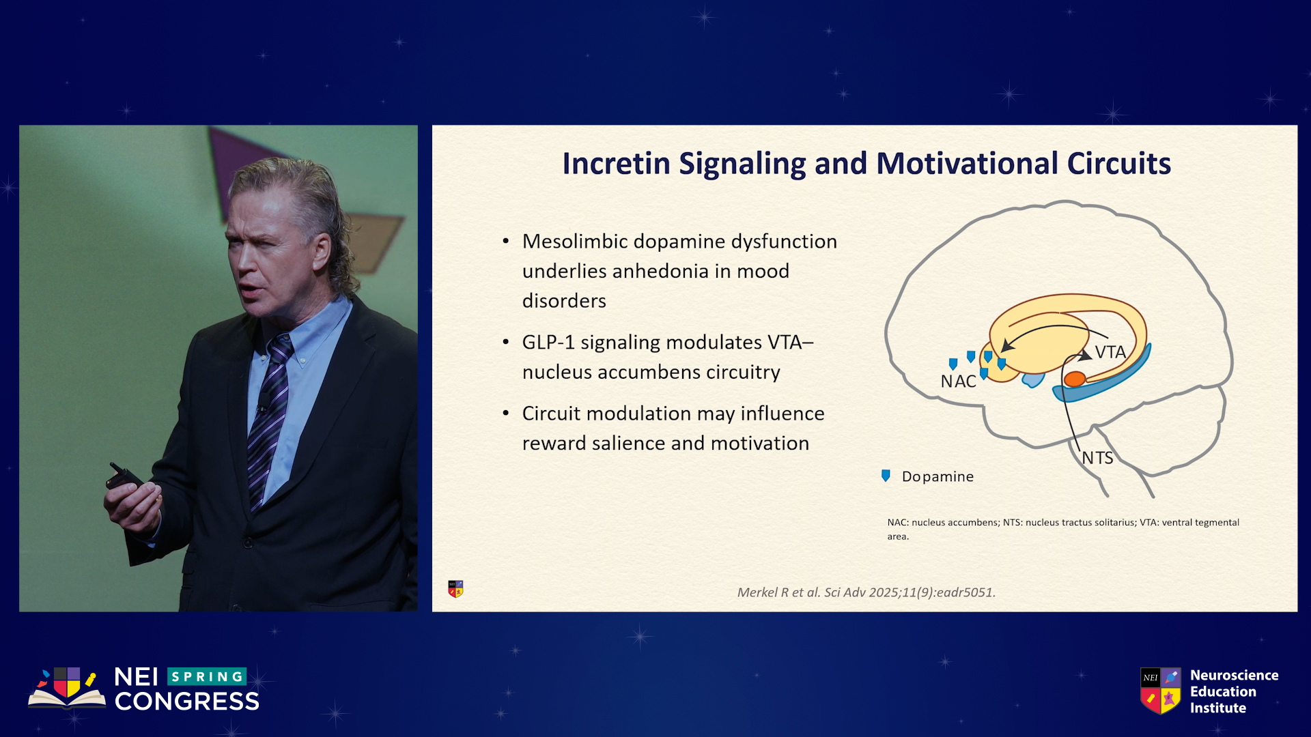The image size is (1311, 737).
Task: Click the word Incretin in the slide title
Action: pos(616,164)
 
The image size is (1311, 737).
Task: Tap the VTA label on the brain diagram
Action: pos(1110,352)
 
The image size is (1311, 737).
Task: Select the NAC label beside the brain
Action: pos(958,381)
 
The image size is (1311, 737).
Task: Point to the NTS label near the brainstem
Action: pos(1097,458)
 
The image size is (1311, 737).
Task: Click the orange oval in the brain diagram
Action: pos(1075,379)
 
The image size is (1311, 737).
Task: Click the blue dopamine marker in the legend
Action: pos(886,476)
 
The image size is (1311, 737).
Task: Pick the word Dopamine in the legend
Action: pos(938,476)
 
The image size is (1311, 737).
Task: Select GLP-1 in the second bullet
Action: pos(548,342)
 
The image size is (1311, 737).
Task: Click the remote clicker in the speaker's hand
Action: pos(124,476)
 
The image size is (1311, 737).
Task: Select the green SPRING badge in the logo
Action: pos(207,676)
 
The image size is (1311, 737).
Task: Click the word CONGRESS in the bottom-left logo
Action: pos(187,702)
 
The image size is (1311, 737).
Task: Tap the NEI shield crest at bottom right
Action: pos(1161,691)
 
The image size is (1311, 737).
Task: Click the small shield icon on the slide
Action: pos(455,589)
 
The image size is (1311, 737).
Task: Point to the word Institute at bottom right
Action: pos(1218,708)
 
